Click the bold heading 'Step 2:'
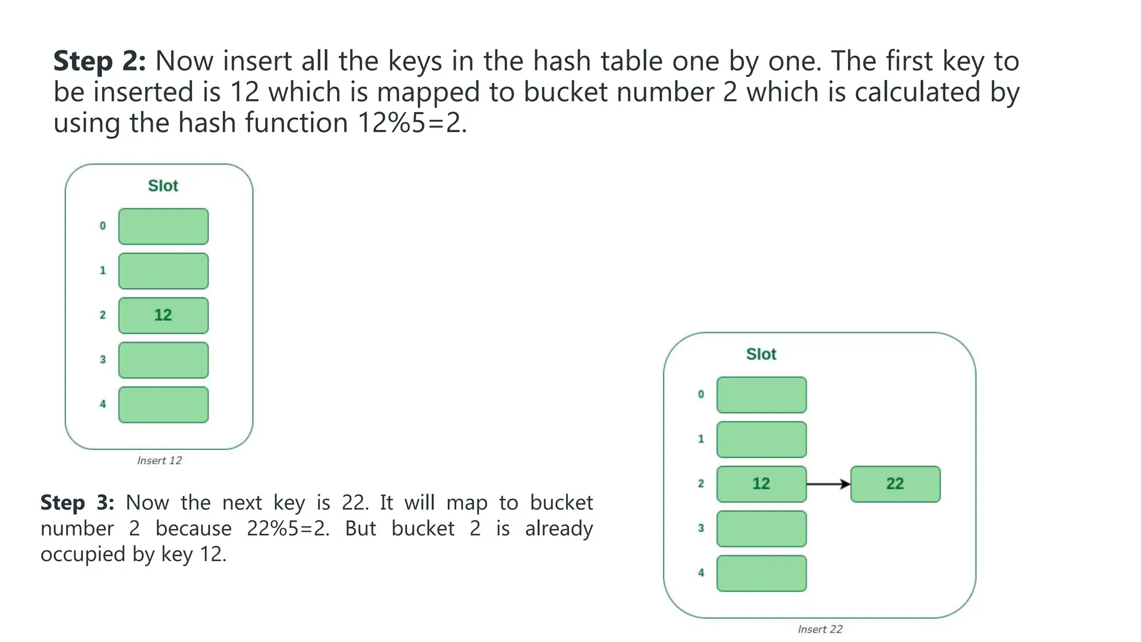coord(99,61)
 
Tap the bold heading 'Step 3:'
coord(77,503)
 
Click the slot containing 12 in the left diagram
coord(163,315)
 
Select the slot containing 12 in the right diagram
coord(761,484)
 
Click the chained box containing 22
coord(895,484)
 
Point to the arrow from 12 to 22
coord(828,484)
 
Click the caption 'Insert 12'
coord(159,460)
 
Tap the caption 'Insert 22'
coord(820,629)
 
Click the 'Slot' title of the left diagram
coord(163,186)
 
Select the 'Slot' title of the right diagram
coord(761,354)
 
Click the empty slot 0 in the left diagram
coord(163,226)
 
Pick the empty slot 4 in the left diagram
coord(163,405)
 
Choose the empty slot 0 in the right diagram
coord(761,395)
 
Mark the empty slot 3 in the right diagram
coord(761,528)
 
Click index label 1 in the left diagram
coord(103,270)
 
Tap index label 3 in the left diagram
coord(103,359)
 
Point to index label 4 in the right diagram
coord(701,572)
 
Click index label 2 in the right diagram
coord(701,483)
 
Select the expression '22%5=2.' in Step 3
coord(288,528)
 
